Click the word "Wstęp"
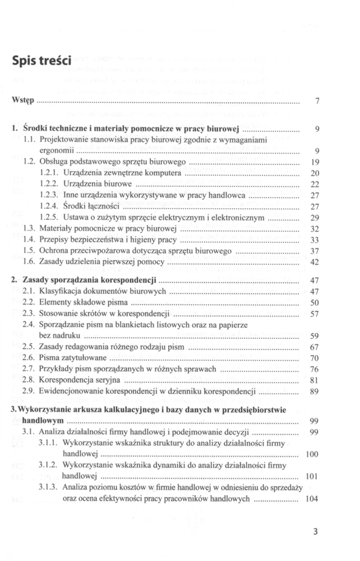[x=23, y=101]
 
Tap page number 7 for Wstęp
[x=317, y=102]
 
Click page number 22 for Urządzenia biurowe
[x=315, y=185]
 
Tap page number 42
[x=315, y=262]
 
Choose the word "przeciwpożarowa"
[x=101, y=250]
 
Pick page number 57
[x=315, y=314]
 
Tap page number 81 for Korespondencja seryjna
[x=315, y=380]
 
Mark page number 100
[x=312, y=454]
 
